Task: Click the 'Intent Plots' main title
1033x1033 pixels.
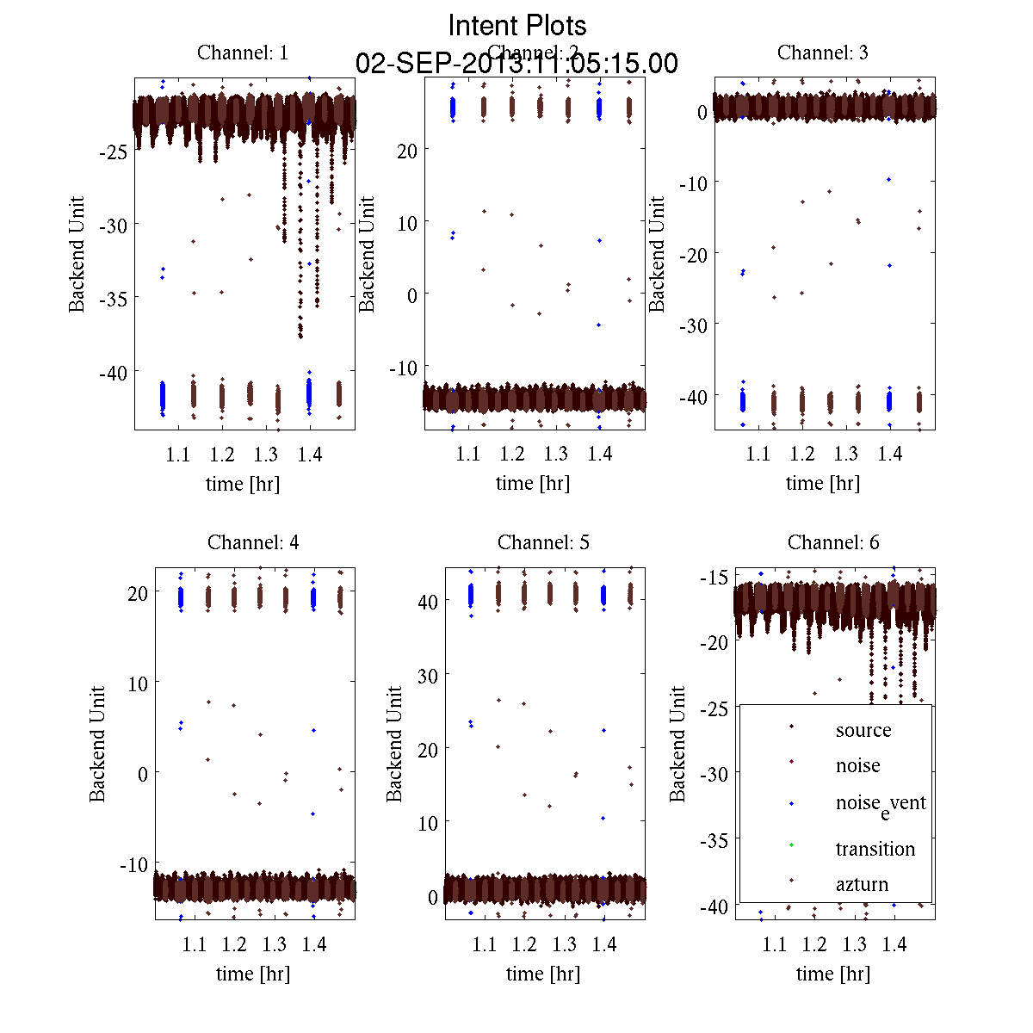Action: (517, 25)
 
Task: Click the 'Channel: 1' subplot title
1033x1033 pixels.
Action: (243, 53)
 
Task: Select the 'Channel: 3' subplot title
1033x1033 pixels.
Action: (822, 53)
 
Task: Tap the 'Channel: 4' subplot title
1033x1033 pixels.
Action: (253, 542)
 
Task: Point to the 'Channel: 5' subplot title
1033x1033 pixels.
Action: (543, 542)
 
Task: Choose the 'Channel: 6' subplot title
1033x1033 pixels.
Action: (833, 542)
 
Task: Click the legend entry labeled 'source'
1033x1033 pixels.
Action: (863, 730)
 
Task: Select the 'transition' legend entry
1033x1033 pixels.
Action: (875, 849)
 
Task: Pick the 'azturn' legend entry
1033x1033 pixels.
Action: (861, 884)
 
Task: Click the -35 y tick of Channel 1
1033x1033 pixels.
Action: (114, 299)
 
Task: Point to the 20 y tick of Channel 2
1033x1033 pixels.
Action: (407, 150)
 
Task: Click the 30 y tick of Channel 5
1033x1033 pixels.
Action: (427, 676)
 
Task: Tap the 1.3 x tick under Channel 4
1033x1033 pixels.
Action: (275, 944)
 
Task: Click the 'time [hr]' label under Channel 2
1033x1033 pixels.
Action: (533, 483)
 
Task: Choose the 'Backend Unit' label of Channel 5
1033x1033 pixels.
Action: (394, 744)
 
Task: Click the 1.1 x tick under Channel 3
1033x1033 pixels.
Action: (758, 454)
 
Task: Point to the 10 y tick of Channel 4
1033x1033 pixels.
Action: (138, 683)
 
